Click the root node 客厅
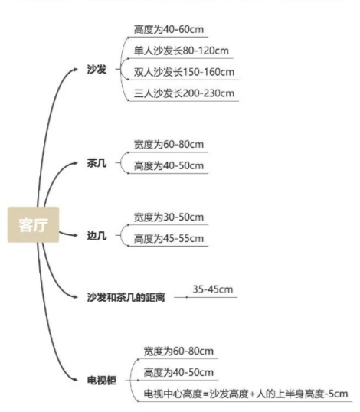click(33, 224)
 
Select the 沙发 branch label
click(97, 70)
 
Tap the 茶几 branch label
click(97, 163)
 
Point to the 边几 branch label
click(97, 236)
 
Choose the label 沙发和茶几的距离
click(126, 297)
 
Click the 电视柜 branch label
click(102, 380)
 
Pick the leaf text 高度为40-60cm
click(169, 29)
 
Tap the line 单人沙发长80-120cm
click(182, 51)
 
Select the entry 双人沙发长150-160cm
click(184, 72)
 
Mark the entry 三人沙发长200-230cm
click(184, 93)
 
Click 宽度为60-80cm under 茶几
click(169, 145)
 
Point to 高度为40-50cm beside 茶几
click(169, 166)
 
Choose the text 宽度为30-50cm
click(169, 217)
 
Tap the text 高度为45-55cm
click(169, 239)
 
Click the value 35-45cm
click(213, 289)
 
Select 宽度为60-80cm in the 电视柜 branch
click(178, 352)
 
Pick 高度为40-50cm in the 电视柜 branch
click(178, 373)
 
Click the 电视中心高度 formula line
click(246, 394)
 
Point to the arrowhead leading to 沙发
click(75, 70)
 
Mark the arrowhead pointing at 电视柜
click(75, 380)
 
